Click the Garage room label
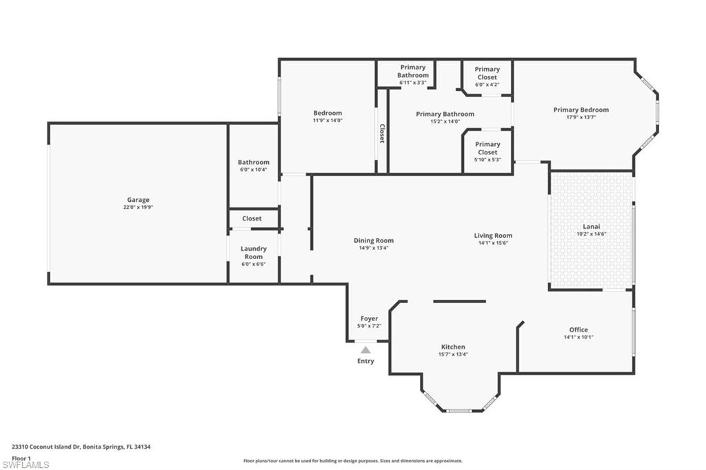pyautogui.click(x=138, y=200)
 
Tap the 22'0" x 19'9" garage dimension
pyautogui.click(x=138, y=207)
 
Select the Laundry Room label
pyautogui.click(x=253, y=252)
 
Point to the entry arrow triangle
pyautogui.click(x=365, y=350)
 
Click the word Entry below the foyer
pyautogui.click(x=365, y=361)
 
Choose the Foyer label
pyautogui.click(x=369, y=318)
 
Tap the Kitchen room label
pyautogui.click(x=453, y=347)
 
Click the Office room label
pyautogui.click(x=578, y=329)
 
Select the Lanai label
pyautogui.click(x=590, y=227)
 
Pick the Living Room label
pyautogui.click(x=493, y=236)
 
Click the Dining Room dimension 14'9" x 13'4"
pyautogui.click(x=374, y=248)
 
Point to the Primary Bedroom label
pyautogui.click(x=581, y=110)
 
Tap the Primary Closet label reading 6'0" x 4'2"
pyautogui.click(x=487, y=73)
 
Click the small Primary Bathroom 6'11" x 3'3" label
pyautogui.click(x=412, y=75)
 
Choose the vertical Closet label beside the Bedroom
pyautogui.click(x=382, y=133)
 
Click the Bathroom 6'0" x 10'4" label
pyautogui.click(x=253, y=165)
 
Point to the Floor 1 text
pyautogui.click(x=21, y=458)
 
